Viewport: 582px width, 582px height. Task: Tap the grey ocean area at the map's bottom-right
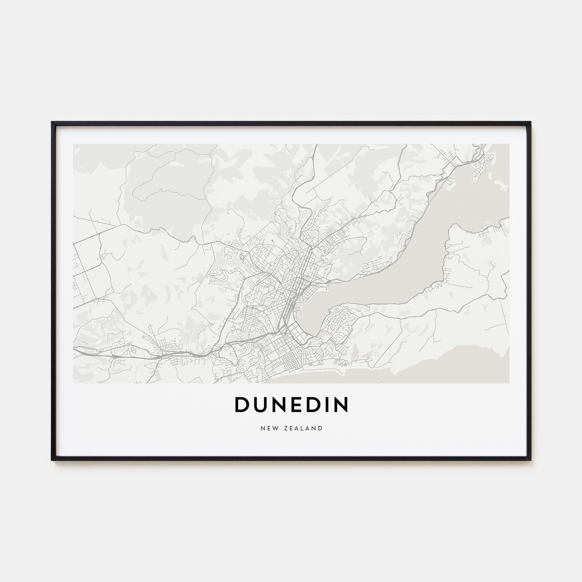pyautogui.click(x=478, y=366)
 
